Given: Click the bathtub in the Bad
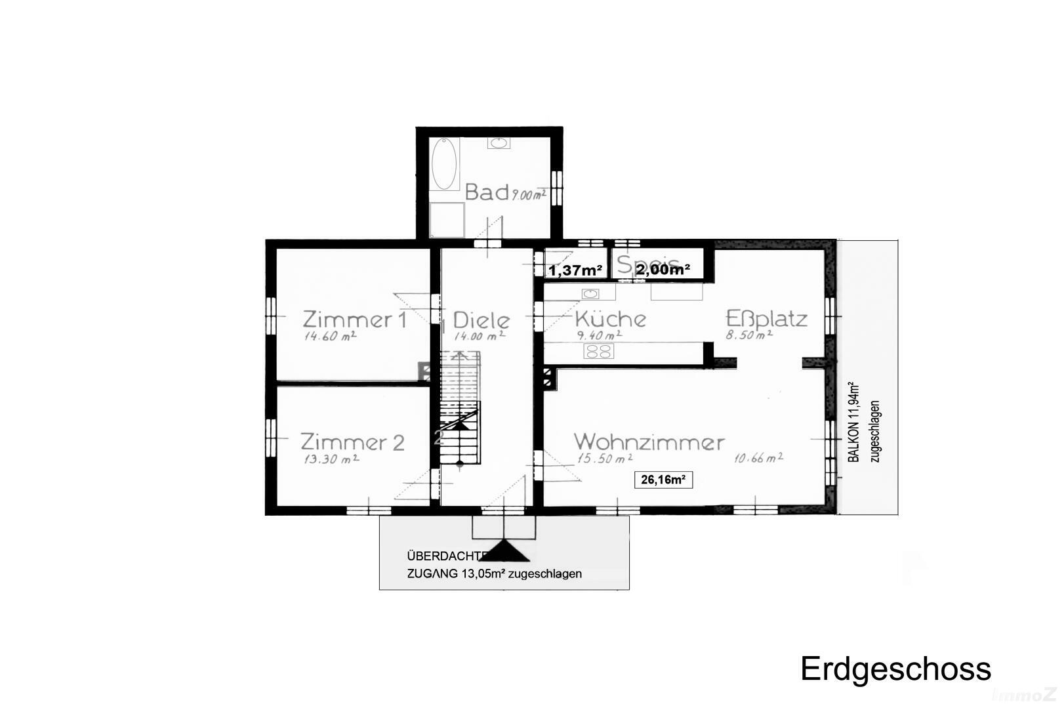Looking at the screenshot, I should click(444, 163).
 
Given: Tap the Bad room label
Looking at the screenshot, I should click(487, 192).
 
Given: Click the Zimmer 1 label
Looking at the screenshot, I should click(354, 320).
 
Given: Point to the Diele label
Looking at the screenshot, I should click(481, 320).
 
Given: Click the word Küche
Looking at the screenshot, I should click(610, 319).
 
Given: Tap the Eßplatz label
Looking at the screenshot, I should click(766, 319).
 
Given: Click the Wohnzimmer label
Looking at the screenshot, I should click(649, 442).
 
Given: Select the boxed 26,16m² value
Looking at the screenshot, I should click(663, 480).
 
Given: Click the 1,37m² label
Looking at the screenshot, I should click(575, 270).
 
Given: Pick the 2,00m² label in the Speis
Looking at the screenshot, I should click(663, 268).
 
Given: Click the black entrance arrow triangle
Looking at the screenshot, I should click(503, 551).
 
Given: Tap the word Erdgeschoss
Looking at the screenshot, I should click(895, 669).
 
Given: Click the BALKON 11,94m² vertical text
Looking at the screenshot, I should click(853, 422).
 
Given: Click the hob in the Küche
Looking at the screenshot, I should click(598, 352).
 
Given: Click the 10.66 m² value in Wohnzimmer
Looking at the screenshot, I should click(758, 458).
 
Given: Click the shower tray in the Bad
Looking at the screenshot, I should click(447, 220).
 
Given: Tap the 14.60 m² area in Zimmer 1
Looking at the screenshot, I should click(330, 336).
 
